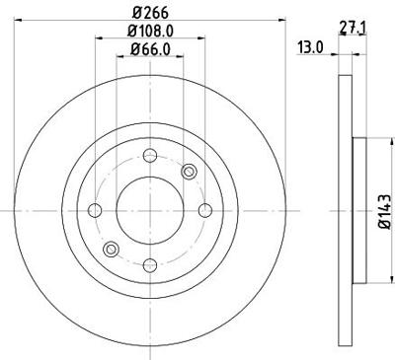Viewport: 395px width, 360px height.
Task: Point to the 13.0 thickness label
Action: coord(309,46)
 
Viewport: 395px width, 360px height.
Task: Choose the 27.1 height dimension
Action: coord(350,29)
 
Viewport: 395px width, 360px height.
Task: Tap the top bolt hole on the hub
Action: coord(149,156)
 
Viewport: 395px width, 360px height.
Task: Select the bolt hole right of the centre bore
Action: coord(203,210)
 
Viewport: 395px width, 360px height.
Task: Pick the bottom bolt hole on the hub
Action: coord(149,264)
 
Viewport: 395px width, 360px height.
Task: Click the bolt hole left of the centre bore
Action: coord(96,210)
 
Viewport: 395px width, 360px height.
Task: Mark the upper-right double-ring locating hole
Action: coord(189,173)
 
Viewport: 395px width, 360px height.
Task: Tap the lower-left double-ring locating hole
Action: coord(111,248)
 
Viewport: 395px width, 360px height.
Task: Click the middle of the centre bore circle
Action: coord(149,210)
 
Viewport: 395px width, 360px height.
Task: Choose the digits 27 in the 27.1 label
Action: coord(346,29)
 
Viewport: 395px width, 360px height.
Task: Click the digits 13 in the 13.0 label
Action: coord(305,46)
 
